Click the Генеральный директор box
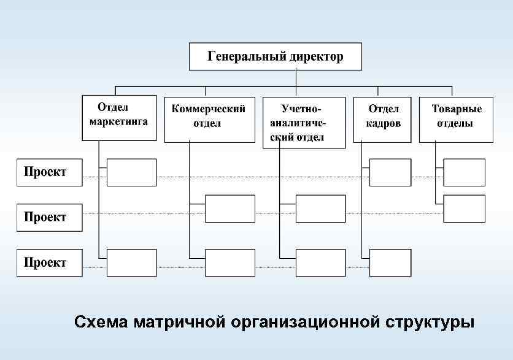[x=275, y=56]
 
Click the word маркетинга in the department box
[x=119, y=121]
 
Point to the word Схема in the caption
[x=99, y=322]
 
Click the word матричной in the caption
[x=178, y=322]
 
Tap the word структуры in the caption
[x=431, y=322]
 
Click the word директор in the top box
[x=317, y=57]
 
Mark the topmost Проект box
[x=49, y=172]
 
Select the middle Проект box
[x=49, y=217]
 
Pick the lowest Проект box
[x=49, y=263]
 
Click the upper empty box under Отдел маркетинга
[x=131, y=172]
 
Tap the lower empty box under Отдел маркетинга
[x=131, y=263]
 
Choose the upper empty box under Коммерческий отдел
[x=229, y=209]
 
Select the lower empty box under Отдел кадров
[x=390, y=263]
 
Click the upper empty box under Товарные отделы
[x=464, y=172]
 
